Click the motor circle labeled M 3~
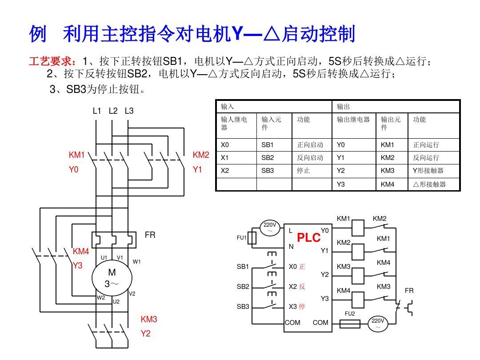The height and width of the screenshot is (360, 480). [x=112, y=278]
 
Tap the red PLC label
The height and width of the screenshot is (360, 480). [x=308, y=238]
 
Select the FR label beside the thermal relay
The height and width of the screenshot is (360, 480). [x=150, y=235]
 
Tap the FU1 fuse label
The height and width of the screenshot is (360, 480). [x=241, y=238]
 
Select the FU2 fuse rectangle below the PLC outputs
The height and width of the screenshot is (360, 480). [x=350, y=324]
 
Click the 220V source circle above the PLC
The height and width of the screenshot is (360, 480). [x=270, y=228]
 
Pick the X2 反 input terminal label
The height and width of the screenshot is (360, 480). [x=297, y=287]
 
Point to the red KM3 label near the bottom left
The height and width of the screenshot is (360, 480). [x=149, y=320]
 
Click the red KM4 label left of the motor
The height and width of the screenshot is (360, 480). [x=81, y=252]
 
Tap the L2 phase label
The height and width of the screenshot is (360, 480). [x=113, y=111]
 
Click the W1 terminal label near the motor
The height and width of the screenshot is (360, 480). [x=136, y=262]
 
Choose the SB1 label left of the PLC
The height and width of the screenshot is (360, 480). [x=243, y=267]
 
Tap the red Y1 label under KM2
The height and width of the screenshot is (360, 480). [x=197, y=169]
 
